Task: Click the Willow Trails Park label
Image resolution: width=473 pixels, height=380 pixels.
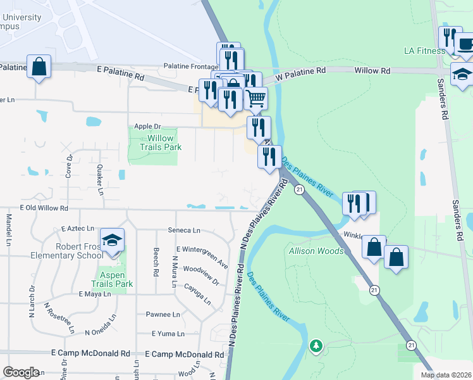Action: tap(155, 142)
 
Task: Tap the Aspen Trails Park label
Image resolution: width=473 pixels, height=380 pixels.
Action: tap(112, 279)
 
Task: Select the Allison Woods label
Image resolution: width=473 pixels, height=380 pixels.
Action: tap(316, 251)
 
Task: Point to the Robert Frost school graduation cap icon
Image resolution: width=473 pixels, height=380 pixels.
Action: tap(112, 241)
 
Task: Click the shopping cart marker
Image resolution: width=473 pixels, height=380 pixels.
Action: tap(255, 98)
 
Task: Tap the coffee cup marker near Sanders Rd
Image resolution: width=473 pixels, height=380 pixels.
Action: tap(466, 44)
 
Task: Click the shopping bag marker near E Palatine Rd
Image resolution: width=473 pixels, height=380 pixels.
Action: tap(39, 66)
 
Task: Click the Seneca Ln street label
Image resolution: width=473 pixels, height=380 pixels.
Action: tap(183, 231)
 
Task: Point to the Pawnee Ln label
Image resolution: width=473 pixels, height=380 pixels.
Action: tap(163, 314)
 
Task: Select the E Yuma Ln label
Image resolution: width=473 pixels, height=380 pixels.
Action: tap(168, 334)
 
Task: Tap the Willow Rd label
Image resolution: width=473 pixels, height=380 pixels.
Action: tap(372, 71)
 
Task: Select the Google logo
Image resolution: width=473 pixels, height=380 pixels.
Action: tap(21, 372)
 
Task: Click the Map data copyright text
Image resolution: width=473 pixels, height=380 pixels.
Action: tap(445, 375)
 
